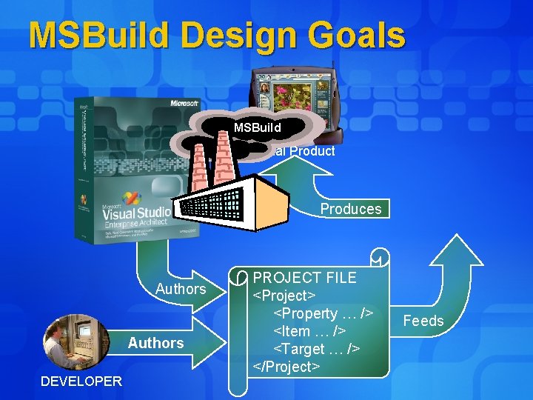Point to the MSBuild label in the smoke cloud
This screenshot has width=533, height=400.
click(x=257, y=127)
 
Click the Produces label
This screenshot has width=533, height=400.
click(x=350, y=209)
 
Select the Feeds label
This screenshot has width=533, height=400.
click(x=423, y=321)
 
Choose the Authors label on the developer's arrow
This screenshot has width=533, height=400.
click(x=155, y=343)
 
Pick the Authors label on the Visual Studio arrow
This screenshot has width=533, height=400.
click(x=180, y=289)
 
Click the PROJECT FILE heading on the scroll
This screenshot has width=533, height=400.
click(x=304, y=278)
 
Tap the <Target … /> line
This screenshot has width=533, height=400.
click(x=317, y=349)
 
